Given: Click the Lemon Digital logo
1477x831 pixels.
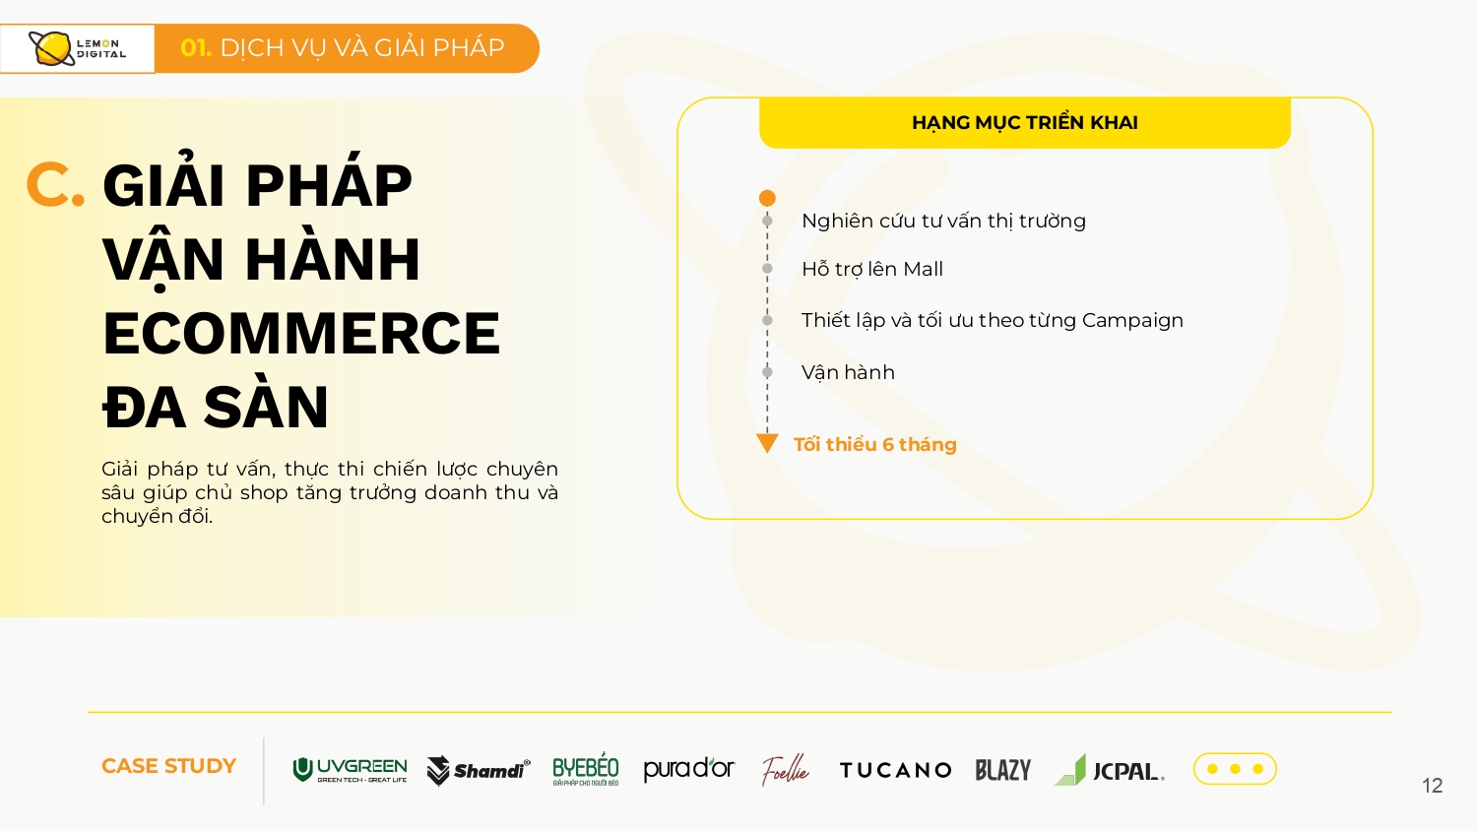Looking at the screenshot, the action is [77, 49].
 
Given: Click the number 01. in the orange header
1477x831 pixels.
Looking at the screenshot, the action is [196, 47].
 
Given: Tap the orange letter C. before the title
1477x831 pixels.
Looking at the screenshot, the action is [55, 185].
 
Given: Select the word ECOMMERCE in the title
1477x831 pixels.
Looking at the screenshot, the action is [301, 333].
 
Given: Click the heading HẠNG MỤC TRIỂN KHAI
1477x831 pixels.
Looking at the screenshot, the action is [1025, 123].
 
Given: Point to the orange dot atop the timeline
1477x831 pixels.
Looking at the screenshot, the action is [767, 198].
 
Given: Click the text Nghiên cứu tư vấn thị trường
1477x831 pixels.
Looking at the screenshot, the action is [943, 221].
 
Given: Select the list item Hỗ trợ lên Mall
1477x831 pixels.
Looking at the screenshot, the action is [872, 269].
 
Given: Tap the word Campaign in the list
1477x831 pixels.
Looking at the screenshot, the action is [1132, 321].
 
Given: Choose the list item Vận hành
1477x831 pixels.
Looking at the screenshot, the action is [848, 372].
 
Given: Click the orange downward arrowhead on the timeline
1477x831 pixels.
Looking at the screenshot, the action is [767, 442].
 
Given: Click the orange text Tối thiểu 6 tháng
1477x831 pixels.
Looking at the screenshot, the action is [875, 444].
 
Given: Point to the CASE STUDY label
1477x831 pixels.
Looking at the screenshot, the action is [168, 766].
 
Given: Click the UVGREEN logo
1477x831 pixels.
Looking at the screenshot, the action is [350, 770].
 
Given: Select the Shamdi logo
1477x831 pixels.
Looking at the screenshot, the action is [478, 770].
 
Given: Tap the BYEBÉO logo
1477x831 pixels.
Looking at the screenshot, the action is [586, 769].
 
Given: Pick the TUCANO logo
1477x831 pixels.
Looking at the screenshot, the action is [895, 770].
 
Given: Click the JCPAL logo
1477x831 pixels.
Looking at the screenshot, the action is [1109, 770].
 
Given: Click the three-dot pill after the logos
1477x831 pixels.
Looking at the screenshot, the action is [1235, 768].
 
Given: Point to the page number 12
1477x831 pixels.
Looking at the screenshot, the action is [1432, 786].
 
